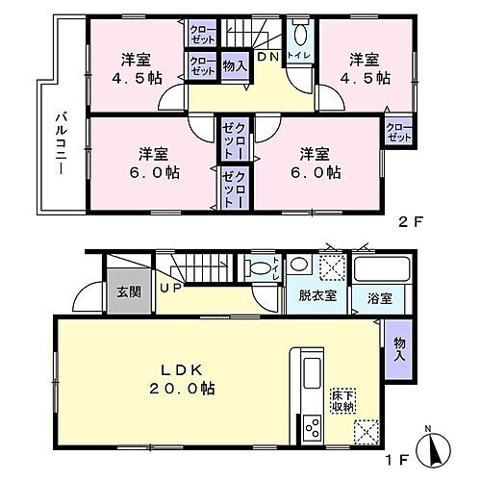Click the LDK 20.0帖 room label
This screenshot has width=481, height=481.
[x=182, y=378]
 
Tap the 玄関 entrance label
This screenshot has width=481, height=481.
[x=127, y=291]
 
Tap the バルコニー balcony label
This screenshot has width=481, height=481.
[x=57, y=145]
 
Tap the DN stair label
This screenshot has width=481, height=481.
[x=266, y=57]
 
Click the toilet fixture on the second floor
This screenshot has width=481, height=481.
[x=299, y=38]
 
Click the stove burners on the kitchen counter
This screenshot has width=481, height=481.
[x=314, y=425]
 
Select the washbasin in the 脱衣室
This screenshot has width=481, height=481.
[x=299, y=267]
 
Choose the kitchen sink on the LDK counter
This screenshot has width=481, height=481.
[x=314, y=370]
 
